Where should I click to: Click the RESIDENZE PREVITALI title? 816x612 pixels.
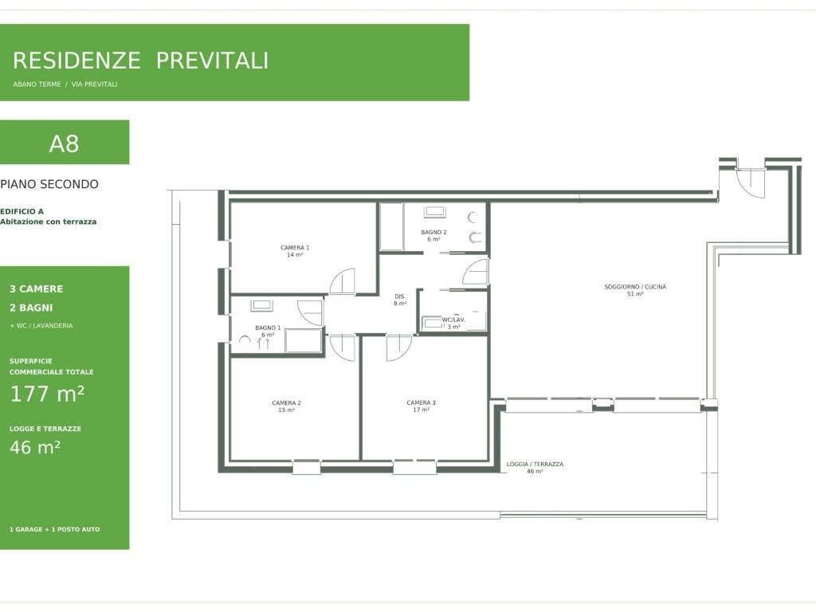click(x=140, y=61)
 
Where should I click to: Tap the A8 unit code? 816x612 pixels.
click(x=64, y=143)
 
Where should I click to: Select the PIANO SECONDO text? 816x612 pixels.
click(x=49, y=184)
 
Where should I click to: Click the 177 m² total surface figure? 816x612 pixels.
click(x=47, y=394)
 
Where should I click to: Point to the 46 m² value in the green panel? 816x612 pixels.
click(x=35, y=447)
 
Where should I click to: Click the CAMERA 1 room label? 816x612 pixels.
click(x=295, y=248)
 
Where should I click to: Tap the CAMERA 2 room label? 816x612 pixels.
click(x=286, y=402)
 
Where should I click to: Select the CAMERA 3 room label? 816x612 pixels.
click(x=421, y=402)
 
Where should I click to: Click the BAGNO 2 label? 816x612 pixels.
click(x=433, y=232)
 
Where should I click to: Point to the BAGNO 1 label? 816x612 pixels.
click(x=268, y=328)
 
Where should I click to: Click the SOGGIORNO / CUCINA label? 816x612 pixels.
click(x=635, y=287)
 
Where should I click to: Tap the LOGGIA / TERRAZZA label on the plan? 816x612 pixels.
click(x=535, y=465)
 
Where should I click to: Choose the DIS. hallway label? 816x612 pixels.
click(x=400, y=296)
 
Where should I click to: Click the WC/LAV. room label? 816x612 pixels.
click(x=453, y=320)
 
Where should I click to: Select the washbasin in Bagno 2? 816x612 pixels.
click(x=434, y=212)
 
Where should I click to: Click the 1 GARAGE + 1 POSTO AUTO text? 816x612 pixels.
click(x=55, y=529)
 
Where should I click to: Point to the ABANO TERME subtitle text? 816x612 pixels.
click(x=37, y=84)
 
